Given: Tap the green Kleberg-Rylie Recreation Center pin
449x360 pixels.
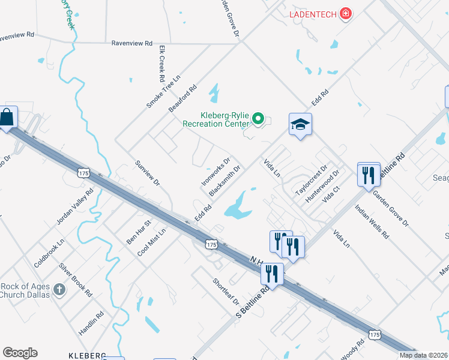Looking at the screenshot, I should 258,119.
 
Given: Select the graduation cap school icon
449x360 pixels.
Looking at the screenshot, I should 300,125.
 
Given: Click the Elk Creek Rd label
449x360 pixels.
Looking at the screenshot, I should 161,63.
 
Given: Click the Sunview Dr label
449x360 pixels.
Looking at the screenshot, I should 148,172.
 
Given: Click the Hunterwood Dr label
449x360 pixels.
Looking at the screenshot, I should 322,185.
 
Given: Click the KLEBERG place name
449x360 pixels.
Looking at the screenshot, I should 87,355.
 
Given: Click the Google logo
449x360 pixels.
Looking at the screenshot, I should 20,353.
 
